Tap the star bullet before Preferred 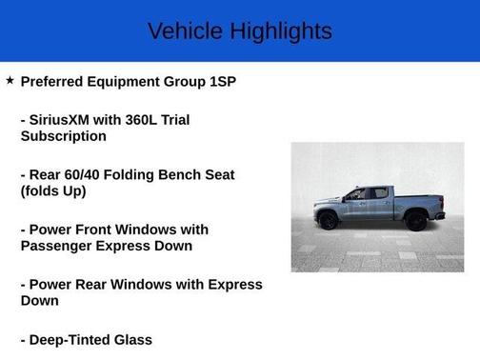[x=10, y=81]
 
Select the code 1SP [x=220, y=82]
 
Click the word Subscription [x=63, y=136]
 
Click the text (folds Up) [x=53, y=191]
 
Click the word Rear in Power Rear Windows [x=100, y=285]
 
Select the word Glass [x=134, y=340]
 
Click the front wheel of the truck [x=329, y=221]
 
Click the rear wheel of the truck [x=416, y=221]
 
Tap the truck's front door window [x=356, y=194]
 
